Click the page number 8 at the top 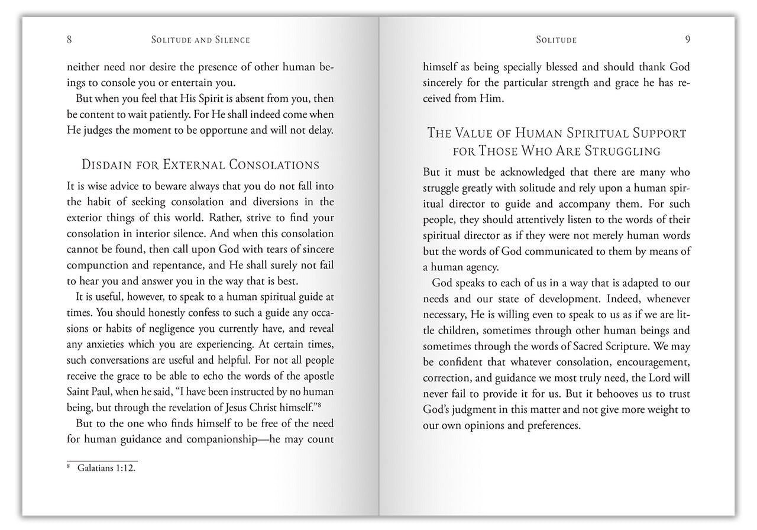[69, 40]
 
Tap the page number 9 [688, 40]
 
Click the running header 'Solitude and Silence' [200, 40]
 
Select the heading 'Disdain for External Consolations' [200, 164]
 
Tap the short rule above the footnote [102, 460]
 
